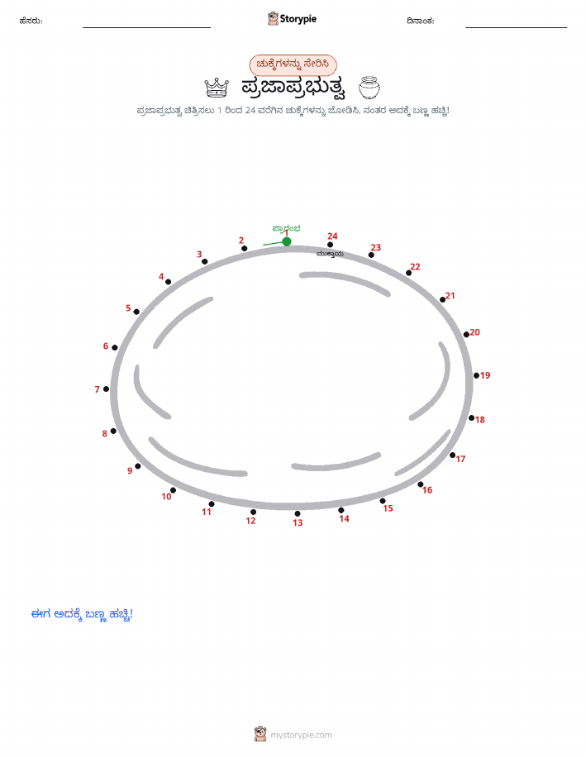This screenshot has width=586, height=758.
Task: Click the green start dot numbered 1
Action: coord(287,241)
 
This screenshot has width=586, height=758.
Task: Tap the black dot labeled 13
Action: coord(298,513)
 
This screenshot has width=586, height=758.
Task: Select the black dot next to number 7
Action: coord(107,389)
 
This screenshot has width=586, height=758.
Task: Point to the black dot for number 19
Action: coord(476,375)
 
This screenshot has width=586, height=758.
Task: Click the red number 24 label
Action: coord(332,236)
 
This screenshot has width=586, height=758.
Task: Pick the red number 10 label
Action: coord(166,497)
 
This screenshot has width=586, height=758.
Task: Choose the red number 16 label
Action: coord(427,490)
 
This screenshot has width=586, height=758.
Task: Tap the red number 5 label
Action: coord(128,308)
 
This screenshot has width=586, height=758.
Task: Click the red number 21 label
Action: coord(450,295)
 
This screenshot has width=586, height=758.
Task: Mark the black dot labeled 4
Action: coord(169,282)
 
